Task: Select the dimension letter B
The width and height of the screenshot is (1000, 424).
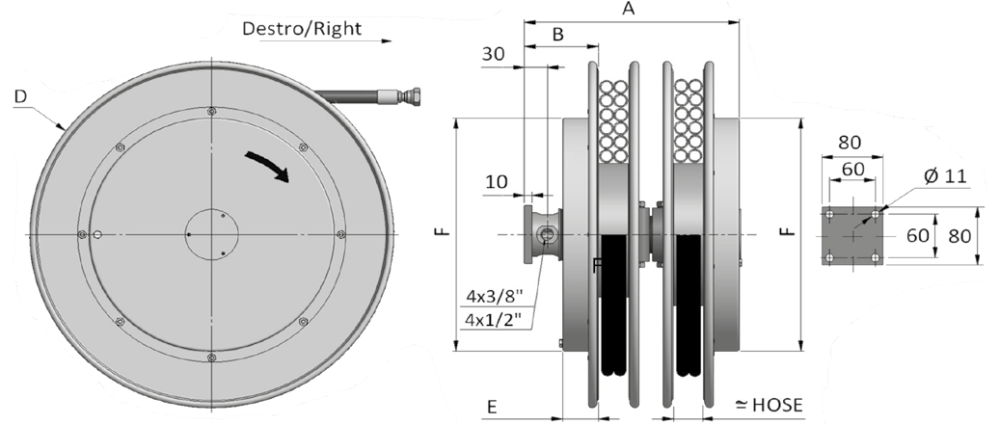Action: (x=558, y=35)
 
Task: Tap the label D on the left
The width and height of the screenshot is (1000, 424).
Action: (x=21, y=97)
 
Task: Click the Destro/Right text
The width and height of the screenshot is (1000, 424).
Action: (x=302, y=29)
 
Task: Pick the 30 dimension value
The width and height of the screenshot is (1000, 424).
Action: (x=493, y=54)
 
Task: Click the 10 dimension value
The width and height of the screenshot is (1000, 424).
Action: (x=497, y=182)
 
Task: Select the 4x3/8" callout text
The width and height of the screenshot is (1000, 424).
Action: (x=495, y=296)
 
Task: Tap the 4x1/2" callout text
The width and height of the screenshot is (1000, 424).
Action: (x=495, y=318)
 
